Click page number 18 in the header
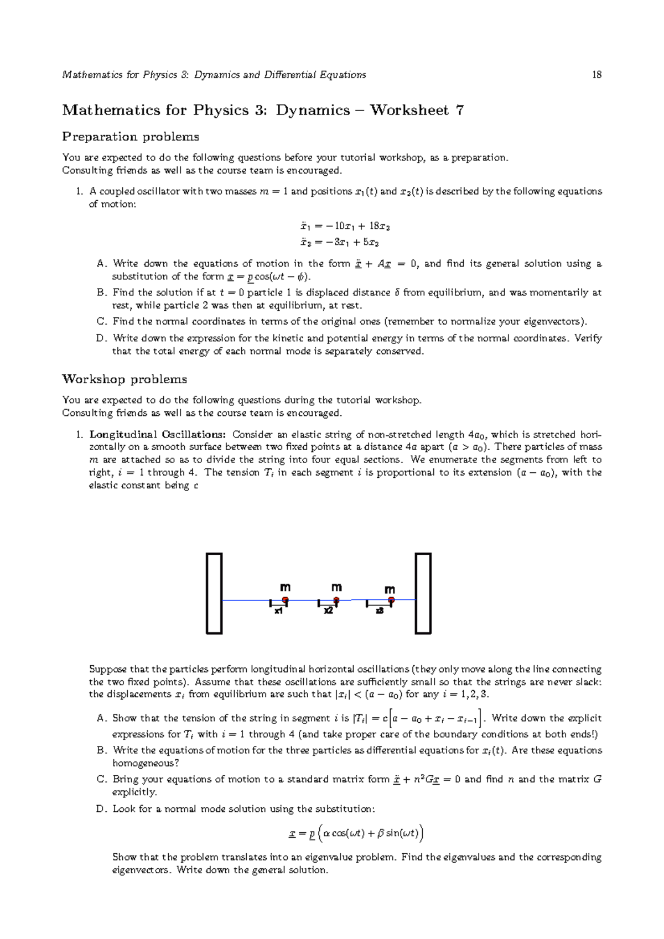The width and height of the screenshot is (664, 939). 596,75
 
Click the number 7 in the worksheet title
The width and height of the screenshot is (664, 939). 459,110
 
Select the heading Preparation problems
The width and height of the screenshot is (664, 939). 131,137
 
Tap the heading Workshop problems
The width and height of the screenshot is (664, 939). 124,379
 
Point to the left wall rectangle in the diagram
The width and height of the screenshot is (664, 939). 214,593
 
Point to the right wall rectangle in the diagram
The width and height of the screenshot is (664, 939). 423,593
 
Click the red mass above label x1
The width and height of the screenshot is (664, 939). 286,599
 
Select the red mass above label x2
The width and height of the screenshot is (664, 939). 336,600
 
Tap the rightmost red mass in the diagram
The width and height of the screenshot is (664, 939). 391,599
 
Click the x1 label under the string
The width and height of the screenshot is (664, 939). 279,612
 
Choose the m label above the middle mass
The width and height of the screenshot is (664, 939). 336,587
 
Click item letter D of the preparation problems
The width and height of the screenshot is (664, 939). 101,338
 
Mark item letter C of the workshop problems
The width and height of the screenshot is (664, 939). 101,779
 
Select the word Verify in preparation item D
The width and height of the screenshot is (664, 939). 588,338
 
